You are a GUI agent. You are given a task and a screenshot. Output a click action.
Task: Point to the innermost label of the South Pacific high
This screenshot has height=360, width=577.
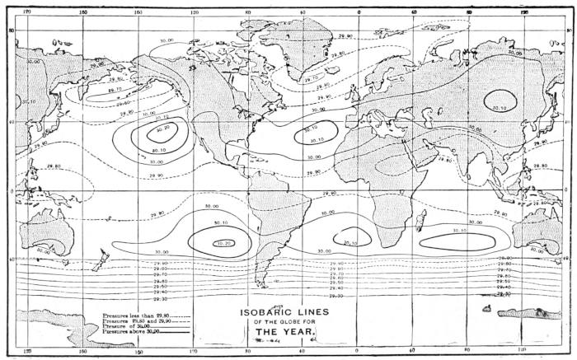click(223, 243)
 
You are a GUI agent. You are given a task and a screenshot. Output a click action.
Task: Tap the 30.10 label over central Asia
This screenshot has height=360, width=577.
click(500, 106)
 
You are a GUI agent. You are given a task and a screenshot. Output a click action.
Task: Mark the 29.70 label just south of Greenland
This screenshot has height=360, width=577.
click(311, 80)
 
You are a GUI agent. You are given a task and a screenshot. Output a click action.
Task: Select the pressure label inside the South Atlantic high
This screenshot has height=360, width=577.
click(349, 243)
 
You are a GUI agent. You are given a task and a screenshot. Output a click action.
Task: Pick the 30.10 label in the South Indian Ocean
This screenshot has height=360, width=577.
click(460, 231)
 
